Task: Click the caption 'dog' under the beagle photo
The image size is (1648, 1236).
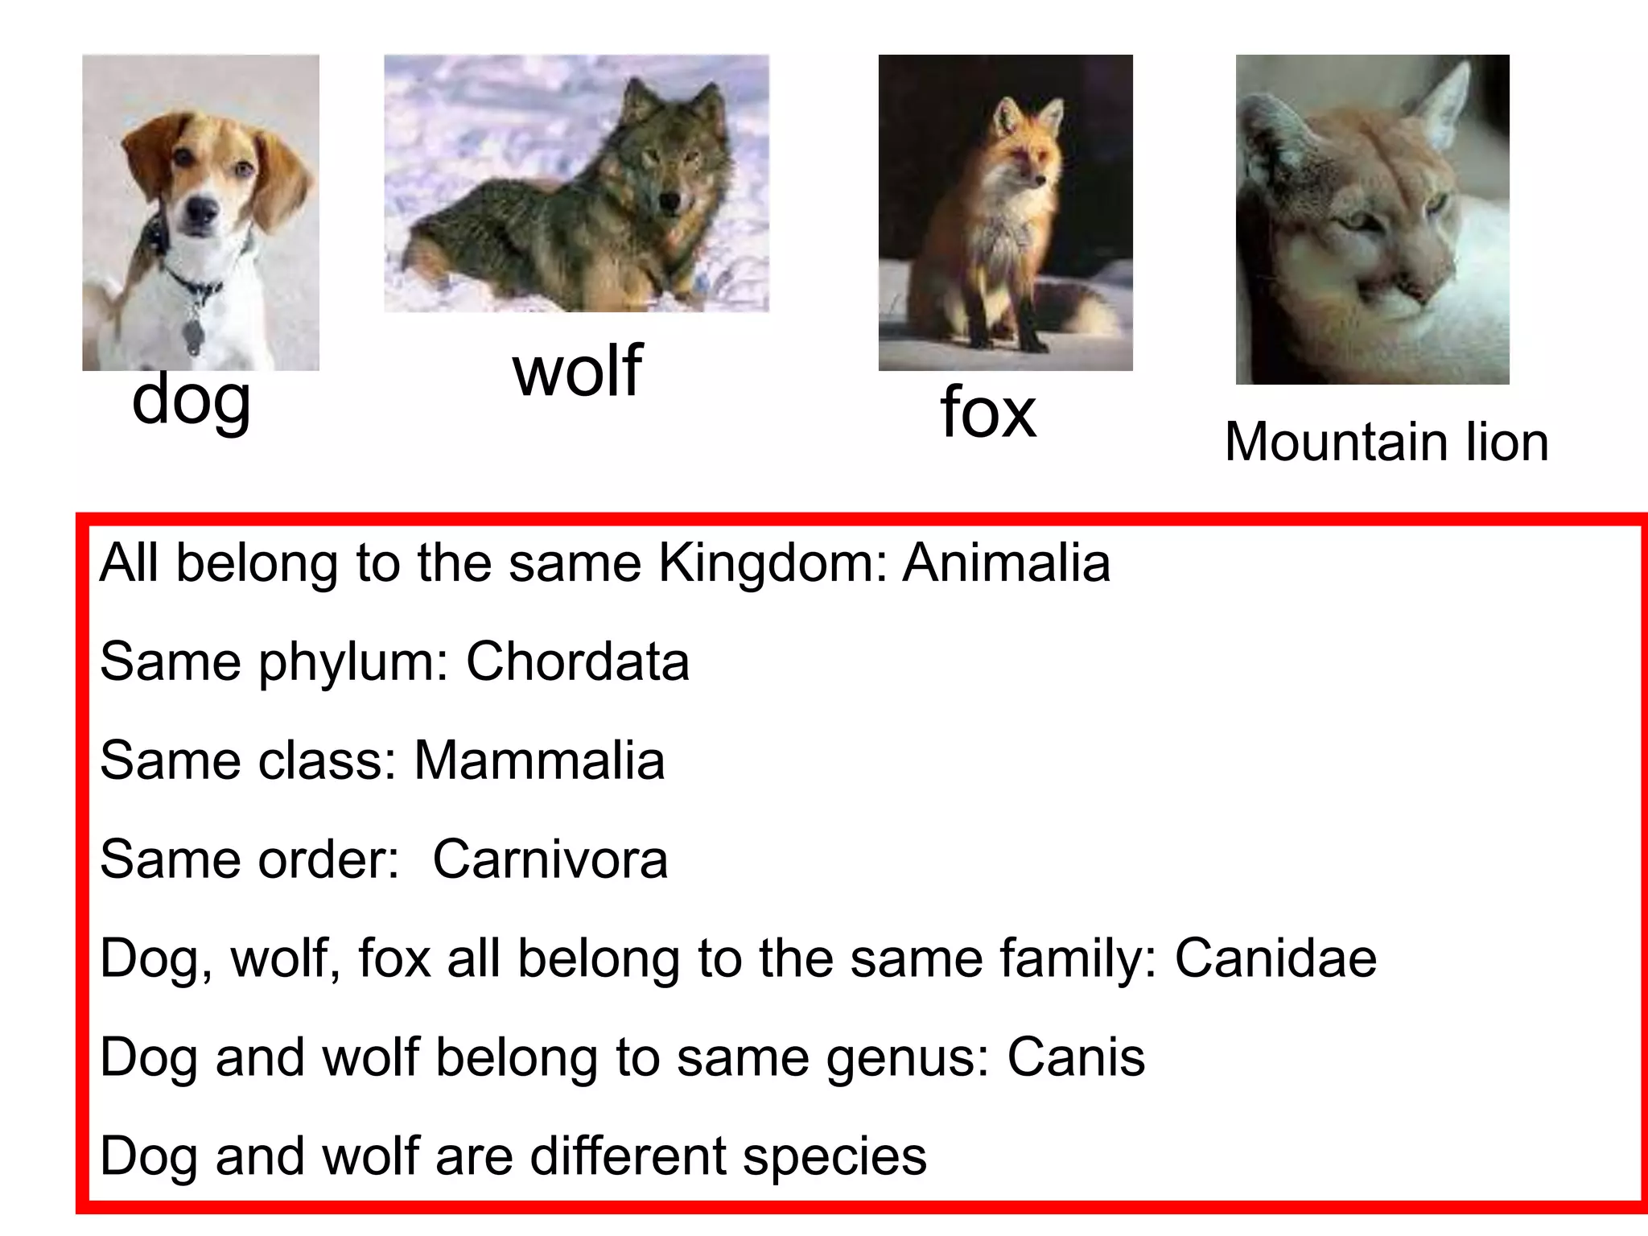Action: (x=192, y=400)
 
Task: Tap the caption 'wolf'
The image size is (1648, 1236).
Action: (x=577, y=371)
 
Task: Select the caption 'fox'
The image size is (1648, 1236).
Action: (x=988, y=412)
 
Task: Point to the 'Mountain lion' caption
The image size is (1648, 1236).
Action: (x=1386, y=442)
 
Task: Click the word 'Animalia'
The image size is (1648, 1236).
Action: (x=1006, y=562)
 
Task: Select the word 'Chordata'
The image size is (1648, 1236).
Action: (x=577, y=661)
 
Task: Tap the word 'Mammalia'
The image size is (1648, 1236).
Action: (x=539, y=760)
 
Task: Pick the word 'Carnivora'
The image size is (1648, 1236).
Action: (x=550, y=859)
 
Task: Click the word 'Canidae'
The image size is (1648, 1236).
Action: (x=1275, y=958)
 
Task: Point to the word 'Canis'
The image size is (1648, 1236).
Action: (x=1076, y=1057)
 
